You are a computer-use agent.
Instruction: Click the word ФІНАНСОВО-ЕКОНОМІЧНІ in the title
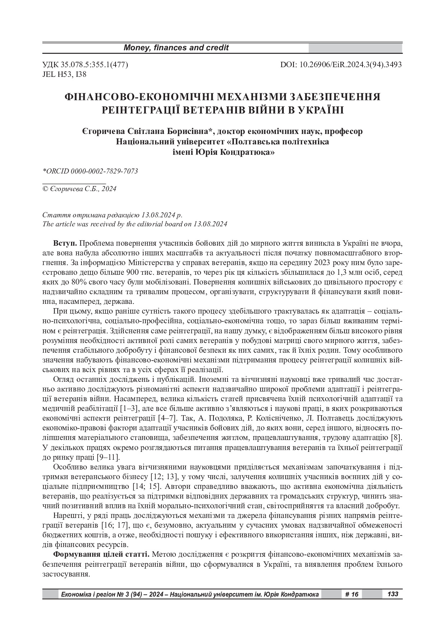pyautogui.click(x=139, y=97)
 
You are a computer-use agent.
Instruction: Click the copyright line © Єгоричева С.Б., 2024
pyautogui.click(x=79, y=189)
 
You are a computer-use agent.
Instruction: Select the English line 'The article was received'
pyautogui.click(x=135, y=224)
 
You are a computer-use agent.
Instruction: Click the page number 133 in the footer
pyautogui.click(x=393, y=594)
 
